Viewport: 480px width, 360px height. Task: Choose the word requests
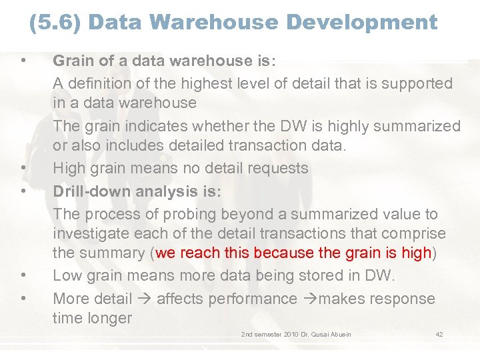pyautogui.click(x=275, y=169)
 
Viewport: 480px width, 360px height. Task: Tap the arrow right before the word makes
pyautogui.click(x=309, y=299)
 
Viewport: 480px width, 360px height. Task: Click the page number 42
pyautogui.click(x=439, y=334)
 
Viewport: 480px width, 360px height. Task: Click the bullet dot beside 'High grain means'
pyautogui.click(x=23, y=169)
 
